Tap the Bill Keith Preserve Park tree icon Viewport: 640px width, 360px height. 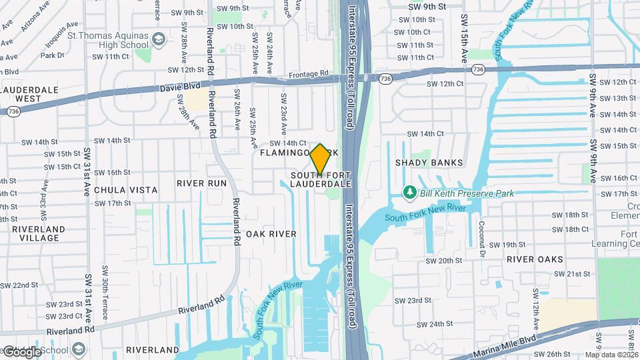click(x=410, y=193)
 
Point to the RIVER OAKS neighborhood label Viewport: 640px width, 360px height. click(x=535, y=259)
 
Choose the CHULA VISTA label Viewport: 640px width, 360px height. click(x=126, y=190)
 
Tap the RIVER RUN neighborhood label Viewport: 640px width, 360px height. click(x=201, y=183)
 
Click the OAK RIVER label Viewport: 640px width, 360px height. click(x=271, y=234)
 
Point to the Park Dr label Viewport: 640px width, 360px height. click(x=51, y=55)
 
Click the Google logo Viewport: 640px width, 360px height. click(x=23, y=352)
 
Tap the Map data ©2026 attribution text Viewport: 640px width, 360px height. click(x=611, y=355)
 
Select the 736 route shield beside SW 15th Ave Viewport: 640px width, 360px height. click(x=477, y=69)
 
